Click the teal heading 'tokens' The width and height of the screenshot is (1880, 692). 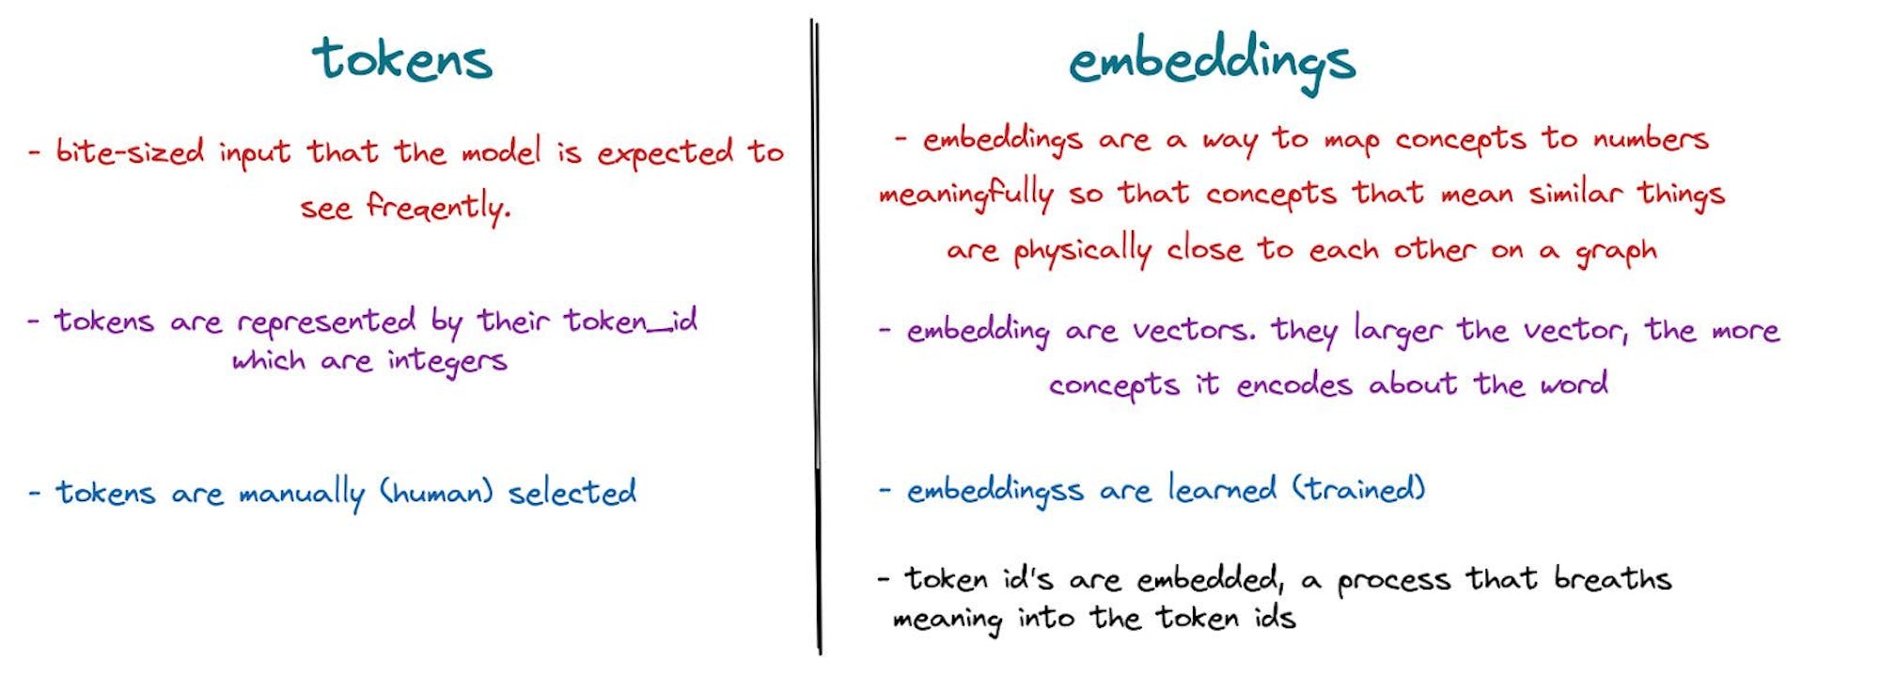click(x=402, y=59)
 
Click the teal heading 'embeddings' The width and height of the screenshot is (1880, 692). click(x=1212, y=64)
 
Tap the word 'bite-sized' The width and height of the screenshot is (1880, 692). click(x=130, y=151)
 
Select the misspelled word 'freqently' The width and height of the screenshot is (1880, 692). click(x=438, y=207)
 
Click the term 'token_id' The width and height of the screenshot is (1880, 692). click(x=631, y=322)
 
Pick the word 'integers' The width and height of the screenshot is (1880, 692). click(x=447, y=362)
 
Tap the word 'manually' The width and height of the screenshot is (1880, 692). click(x=302, y=494)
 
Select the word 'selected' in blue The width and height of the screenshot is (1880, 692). click(x=572, y=492)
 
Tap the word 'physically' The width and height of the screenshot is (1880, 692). click(x=1083, y=250)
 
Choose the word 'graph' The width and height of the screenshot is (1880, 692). click(x=1616, y=252)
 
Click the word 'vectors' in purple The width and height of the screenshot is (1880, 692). click(x=1194, y=330)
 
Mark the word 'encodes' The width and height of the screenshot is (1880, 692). click(x=1294, y=385)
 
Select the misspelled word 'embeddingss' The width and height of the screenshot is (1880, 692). click(x=995, y=491)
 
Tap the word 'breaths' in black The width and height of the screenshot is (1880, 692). click(x=1613, y=577)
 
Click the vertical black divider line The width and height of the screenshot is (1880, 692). click(x=816, y=337)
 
